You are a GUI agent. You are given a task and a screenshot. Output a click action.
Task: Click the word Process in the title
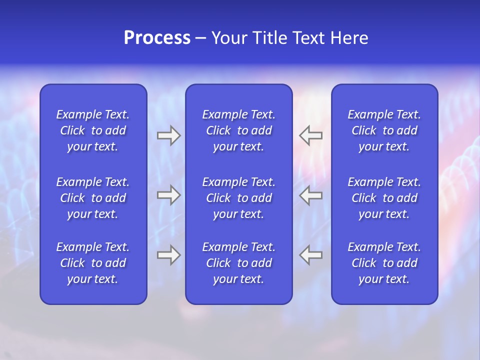[x=157, y=38]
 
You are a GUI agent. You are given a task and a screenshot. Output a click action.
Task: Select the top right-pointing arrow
[x=168, y=135]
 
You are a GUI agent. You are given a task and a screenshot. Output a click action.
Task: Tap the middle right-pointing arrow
[x=168, y=195]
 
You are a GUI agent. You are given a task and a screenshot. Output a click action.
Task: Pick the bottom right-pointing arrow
[x=168, y=255]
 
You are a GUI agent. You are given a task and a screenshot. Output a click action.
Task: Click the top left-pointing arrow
[x=311, y=135]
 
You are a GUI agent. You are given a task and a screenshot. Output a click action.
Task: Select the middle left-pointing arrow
[x=311, y=195]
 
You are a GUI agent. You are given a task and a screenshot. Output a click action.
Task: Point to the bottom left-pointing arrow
[x=311, y=255]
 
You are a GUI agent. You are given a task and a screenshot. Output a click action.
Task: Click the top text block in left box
[x=93, y=130]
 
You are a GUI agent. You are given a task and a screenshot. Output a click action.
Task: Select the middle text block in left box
[x=93, y=198]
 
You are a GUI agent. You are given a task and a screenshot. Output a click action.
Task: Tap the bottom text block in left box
[x=93, y=263]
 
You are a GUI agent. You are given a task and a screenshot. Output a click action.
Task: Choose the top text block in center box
[x=238, y=130]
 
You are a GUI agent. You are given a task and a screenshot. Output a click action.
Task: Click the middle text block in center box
[x=238, y=198]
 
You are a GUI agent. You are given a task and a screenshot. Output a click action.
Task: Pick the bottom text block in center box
[x=238, y=263]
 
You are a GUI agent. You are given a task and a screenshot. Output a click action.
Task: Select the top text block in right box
[x=384, y=130]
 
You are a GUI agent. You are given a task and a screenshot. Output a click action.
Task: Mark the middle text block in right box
[x=384, y=198]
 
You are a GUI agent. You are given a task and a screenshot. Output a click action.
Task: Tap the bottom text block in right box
[x=384, y=263]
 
